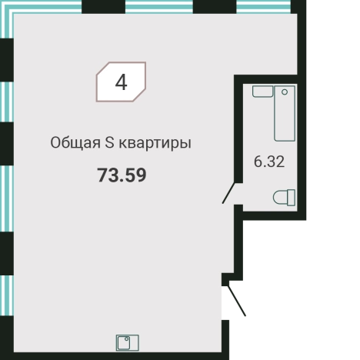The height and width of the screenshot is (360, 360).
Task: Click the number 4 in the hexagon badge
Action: (121, 82)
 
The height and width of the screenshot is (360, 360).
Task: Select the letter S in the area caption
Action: (109, 144)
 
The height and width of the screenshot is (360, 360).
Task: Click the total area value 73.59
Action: (122, 175)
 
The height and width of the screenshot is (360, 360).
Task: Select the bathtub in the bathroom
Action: (285, 112)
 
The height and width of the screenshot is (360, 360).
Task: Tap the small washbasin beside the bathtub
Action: (262, 92)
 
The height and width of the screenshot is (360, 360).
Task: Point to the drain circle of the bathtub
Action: (285, 92)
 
